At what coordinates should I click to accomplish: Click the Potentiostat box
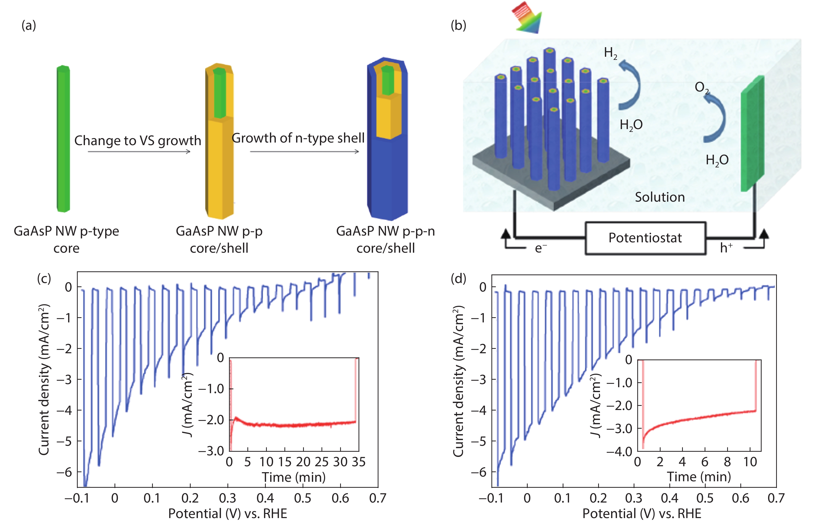click(645, 238)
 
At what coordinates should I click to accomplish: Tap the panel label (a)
click(28, 25)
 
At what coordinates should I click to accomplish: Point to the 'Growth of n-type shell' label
click(298, 138)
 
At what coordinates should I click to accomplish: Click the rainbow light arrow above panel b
click(527, 18)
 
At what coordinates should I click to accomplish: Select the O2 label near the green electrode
click(702, 88)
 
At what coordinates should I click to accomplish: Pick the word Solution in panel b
click(660, 197)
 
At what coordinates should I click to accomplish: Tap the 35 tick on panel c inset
click(359, 462)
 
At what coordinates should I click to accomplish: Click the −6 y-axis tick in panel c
click(65, 472)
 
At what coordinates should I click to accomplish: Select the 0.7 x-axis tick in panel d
click(776, 498)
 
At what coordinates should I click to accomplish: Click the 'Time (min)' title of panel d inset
click(699, 477)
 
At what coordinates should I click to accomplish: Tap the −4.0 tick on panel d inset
click(620, 452)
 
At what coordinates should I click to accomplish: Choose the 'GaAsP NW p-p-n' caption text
click(385, 231)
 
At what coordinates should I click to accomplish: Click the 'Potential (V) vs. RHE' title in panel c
click(227, 513)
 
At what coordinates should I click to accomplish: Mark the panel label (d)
click(458, 279)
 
